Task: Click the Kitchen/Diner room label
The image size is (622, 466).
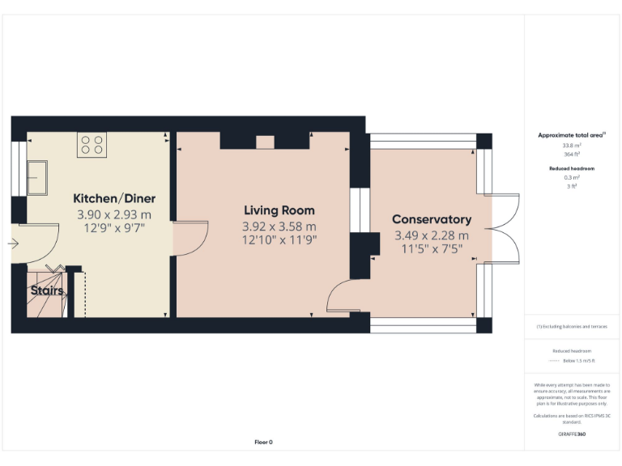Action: tap(114, 198)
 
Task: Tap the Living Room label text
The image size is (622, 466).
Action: tap(279, 210)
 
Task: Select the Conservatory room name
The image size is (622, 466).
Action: tap(431, 219)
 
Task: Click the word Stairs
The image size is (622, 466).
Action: tap(46, 290)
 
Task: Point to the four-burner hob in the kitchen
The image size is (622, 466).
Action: tap(92, 145)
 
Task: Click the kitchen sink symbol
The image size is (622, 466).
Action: tap(37, 177)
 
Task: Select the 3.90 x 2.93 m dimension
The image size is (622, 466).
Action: tap(114, 214)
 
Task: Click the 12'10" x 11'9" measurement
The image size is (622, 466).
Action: tap(279, 239)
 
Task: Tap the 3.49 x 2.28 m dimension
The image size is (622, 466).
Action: tap(432, 235)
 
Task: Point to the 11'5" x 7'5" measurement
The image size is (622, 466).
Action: tap(432, 248)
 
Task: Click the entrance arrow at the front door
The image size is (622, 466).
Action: tap(15, 242)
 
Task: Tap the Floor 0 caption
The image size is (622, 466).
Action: tap(264, 442)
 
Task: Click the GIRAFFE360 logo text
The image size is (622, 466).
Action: tap(572, 434)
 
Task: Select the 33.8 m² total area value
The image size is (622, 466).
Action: tap(572, 146)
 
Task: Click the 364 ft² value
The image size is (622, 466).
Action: tap(572, 153)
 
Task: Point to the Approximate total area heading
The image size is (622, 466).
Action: tap(572, 135)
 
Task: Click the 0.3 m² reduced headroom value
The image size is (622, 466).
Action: tap(572, 177)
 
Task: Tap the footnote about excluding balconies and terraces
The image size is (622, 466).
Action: tap(572, 326)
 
